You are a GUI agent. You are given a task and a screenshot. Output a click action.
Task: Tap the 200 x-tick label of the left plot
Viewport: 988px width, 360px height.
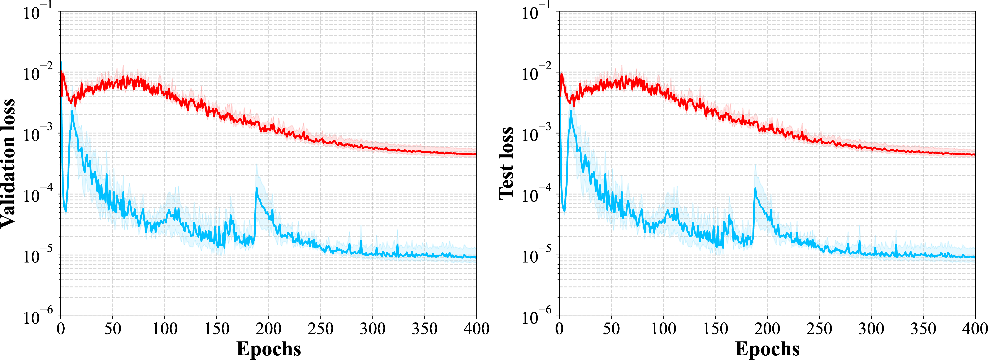click(268, 329)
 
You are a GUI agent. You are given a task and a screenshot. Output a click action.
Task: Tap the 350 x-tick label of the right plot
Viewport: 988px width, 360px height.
click(923, 329)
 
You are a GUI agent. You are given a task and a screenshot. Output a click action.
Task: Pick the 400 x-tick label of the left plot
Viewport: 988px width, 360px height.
click(476, 329)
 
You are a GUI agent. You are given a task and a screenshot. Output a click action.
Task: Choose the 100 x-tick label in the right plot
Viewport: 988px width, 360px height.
click(663, 329)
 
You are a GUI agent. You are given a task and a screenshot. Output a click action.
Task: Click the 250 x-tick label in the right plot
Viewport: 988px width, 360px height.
click(819, 329)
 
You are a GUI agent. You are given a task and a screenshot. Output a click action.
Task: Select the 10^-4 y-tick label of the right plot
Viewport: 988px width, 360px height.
click(536, 194)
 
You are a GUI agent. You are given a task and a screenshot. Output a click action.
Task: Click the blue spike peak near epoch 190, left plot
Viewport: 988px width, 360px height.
click(256, 188)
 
